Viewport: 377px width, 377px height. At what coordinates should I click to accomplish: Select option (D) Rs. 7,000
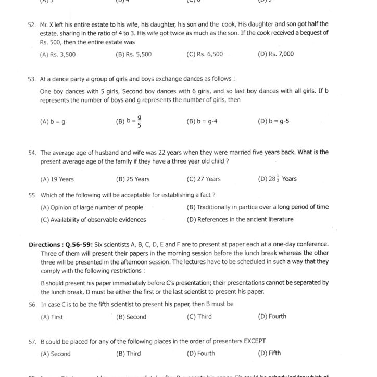275,54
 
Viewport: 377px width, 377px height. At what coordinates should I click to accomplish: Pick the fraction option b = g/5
130,121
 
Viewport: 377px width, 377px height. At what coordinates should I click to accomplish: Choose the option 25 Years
133,179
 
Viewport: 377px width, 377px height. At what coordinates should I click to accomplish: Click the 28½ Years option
277,179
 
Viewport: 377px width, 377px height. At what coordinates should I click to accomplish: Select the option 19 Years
57,179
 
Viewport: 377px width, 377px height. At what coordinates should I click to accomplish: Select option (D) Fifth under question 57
269,353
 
